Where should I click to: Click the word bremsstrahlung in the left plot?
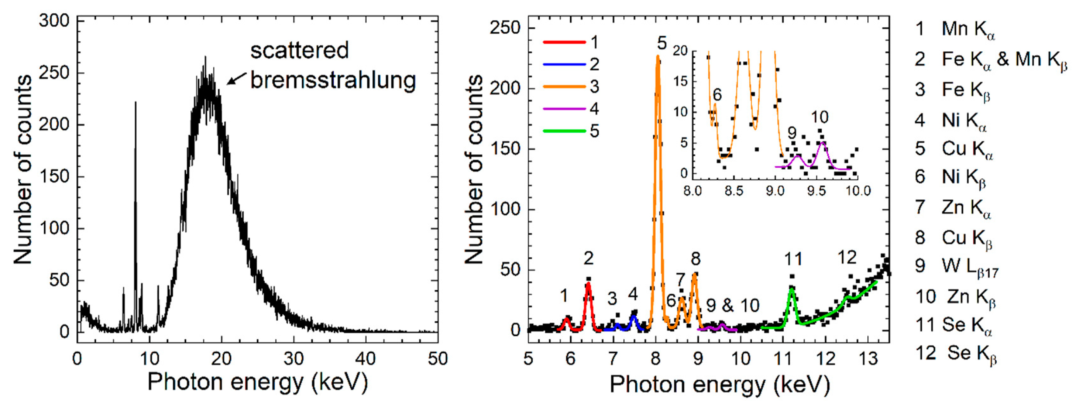333,80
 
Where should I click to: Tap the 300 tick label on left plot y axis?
54,21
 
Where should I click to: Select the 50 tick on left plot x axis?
438,359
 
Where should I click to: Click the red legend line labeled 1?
564,42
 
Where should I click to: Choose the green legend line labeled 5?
564,131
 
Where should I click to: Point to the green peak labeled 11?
792,290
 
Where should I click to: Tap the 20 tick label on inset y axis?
680,51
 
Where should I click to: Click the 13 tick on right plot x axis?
868,359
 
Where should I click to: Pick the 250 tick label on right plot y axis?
505,28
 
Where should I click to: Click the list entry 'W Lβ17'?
969,266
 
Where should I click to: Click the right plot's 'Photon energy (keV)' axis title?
719,384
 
